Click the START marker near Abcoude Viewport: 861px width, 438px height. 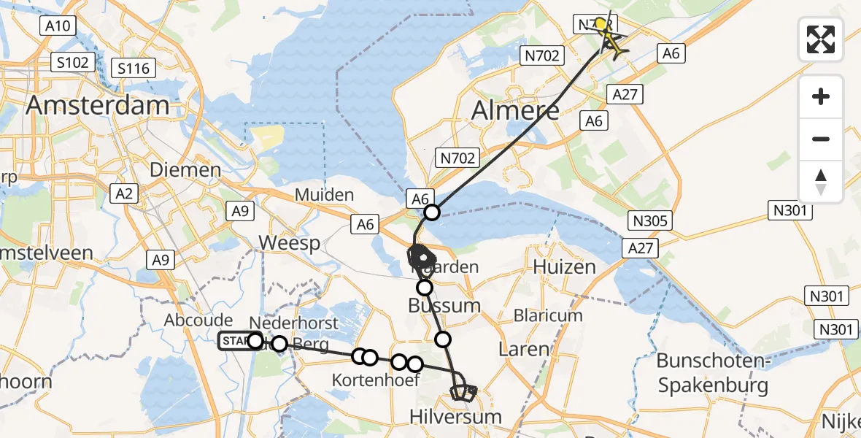point(235,341)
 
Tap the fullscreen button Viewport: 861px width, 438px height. point(821,39)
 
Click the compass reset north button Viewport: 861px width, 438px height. point(821,182)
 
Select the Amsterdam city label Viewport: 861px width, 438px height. point(98,105)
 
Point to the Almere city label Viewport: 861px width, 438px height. point(516,110)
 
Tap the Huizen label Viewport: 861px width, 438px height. point(565,266)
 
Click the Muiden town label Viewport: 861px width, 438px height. point(325,195)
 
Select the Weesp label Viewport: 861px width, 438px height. point(290,243)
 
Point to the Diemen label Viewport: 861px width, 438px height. point(185,169)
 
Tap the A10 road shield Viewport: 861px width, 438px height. point(57,27)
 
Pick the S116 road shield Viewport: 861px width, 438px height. point(134,69)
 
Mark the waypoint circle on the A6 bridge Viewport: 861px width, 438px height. point(432,212)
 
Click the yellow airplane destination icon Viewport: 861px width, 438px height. point(612,45)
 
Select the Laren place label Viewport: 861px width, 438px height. point(523,349)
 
